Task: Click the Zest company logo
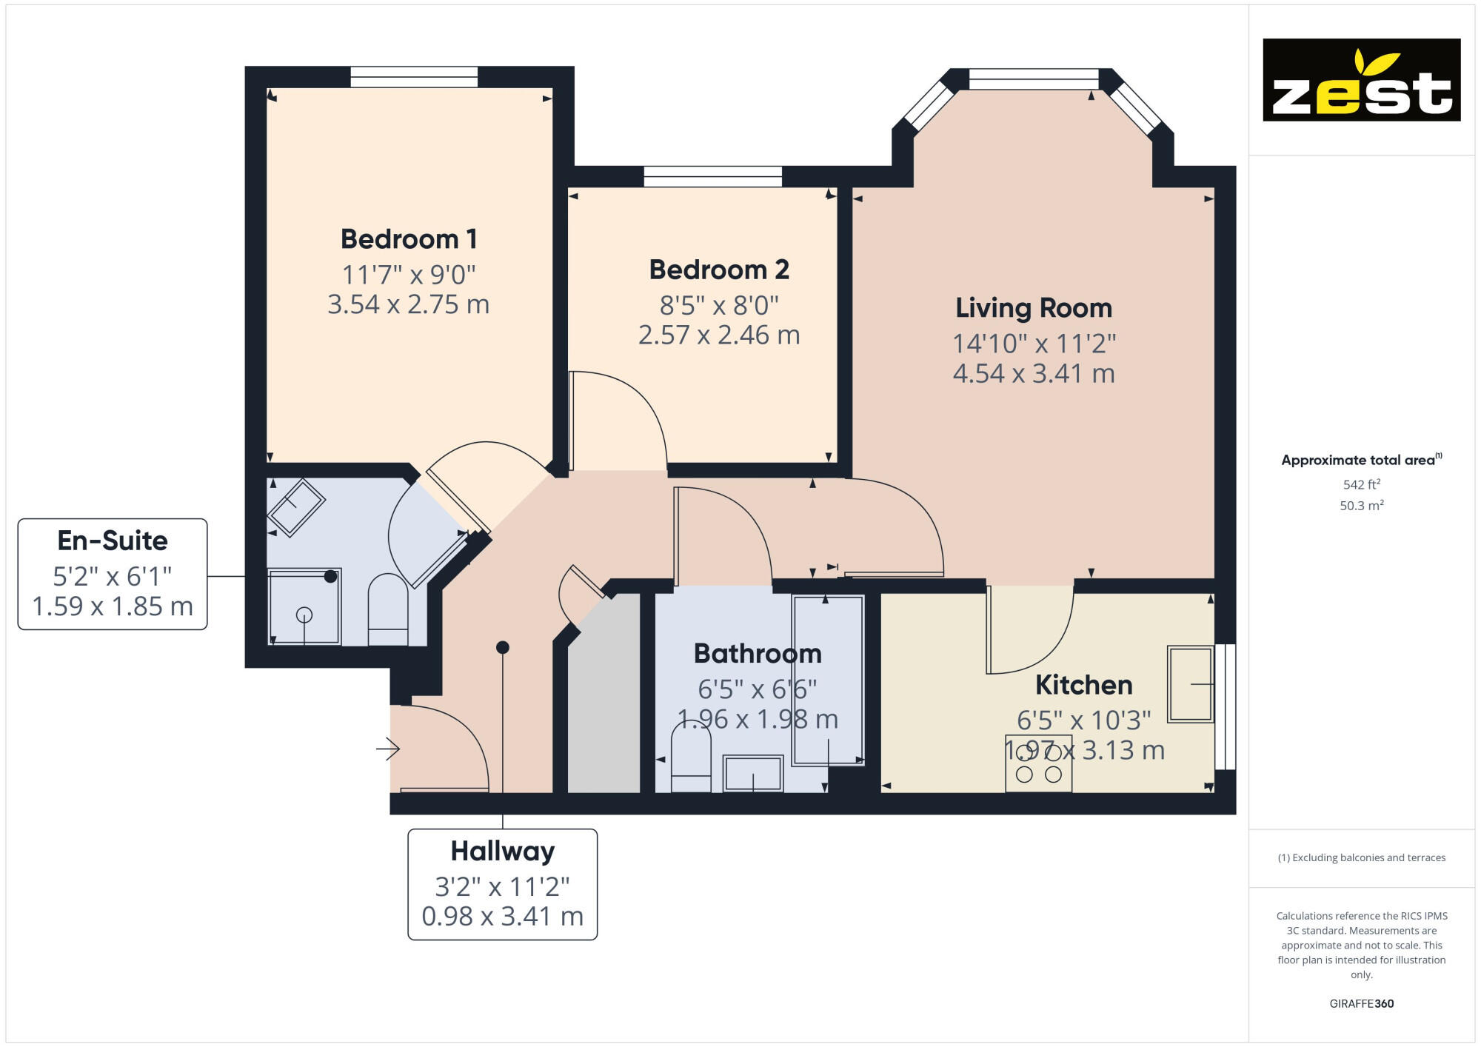coord(1361,80)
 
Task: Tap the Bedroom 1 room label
coord(409,239)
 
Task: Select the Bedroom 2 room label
coord(719,270)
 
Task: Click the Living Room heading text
coord(1033,308)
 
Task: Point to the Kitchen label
coord(1083,685)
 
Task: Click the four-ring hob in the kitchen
coord(1038,763)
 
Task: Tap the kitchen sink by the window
coord(1190,684)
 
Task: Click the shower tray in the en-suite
coord(304,606)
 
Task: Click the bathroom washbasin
coord(752,773)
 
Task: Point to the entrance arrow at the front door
coord(387,749)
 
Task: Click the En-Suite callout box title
coord(113,541)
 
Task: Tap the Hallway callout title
coord(502,852)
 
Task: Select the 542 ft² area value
coord(1361,484)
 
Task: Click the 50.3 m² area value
coord(1361,506)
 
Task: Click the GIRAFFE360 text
coord(1361,1004)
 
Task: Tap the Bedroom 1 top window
coord(414,77)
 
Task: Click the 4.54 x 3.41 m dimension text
coord(1033,374)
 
